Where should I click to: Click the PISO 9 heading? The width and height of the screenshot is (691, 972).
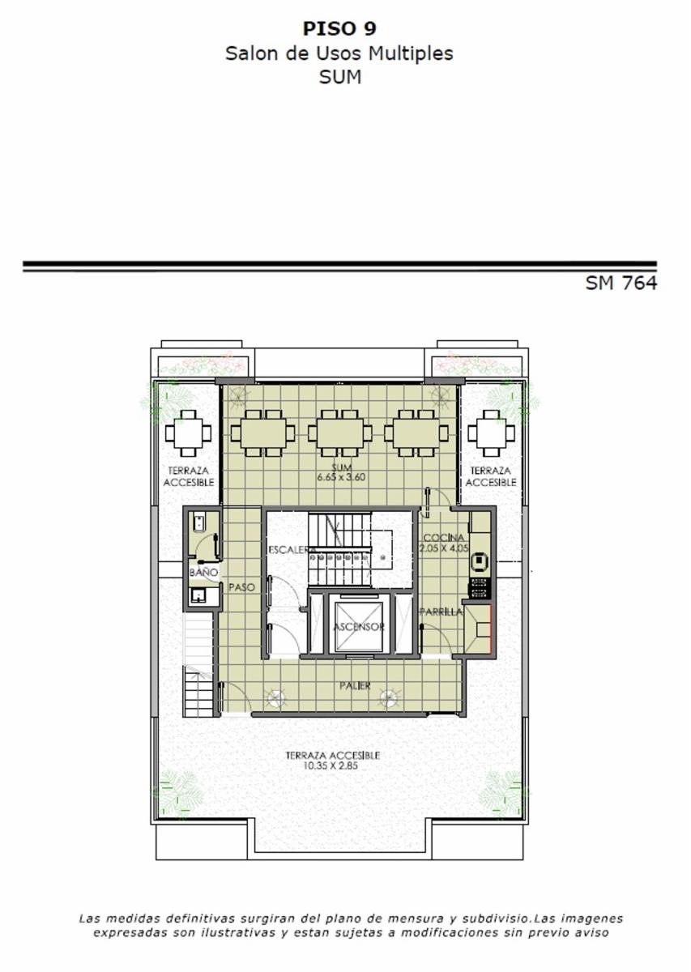[339, 28]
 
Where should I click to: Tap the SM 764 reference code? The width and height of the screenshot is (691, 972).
[621, 283]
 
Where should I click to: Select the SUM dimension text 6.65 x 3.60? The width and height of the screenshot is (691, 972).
[341, 478]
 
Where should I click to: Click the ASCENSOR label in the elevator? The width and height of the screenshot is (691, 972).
[359, 627]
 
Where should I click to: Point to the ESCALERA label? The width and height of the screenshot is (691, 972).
[292, 550]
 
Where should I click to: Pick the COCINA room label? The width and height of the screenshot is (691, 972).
[444, 538]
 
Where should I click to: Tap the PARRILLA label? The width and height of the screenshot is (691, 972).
[441, 612]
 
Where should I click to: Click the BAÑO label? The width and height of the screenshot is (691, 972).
[203, 573]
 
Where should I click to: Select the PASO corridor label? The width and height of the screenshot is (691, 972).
[241, 587]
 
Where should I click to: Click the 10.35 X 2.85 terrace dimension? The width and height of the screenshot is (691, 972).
[331, 766]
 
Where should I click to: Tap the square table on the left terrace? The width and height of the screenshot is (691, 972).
[188, 433]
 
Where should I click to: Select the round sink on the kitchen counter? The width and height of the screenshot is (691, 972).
[480, 561]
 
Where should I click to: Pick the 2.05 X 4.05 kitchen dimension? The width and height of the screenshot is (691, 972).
[444, 548]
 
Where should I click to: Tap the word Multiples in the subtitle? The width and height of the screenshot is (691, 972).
[411, 53]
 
